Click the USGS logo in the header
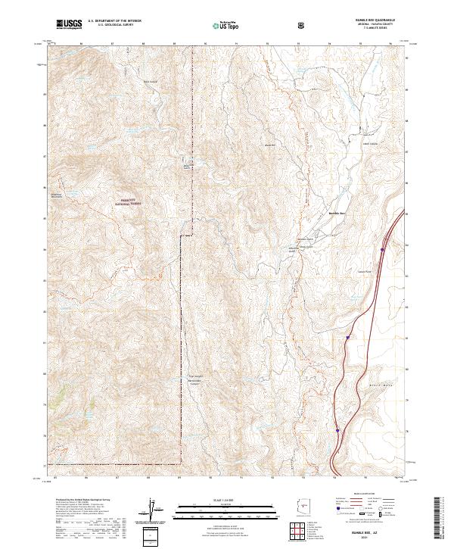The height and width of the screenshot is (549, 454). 70,24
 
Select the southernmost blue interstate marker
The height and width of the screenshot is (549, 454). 337,430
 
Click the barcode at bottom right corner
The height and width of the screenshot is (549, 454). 442,519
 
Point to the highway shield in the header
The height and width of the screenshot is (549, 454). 301,25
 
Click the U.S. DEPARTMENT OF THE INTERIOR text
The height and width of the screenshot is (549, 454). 113,22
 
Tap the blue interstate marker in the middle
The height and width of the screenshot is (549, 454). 347,337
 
